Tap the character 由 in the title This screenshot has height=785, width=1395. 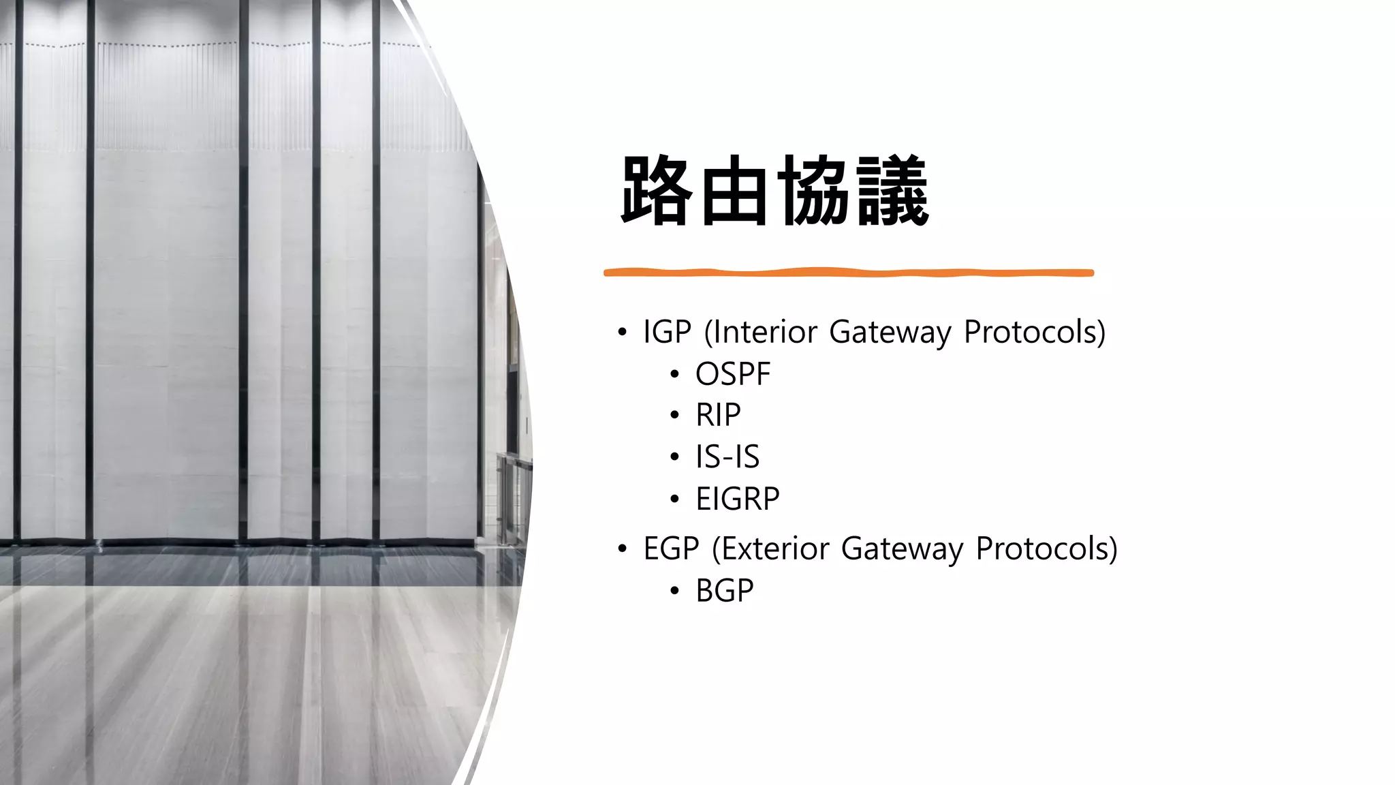click(735, 191)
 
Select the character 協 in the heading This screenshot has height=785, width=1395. click(813, 191)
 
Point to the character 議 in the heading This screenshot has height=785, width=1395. click(892, 191)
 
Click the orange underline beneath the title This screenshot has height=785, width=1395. click(848, 273)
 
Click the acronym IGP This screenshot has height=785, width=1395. click(667, 332)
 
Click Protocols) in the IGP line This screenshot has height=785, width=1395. click(1034, 332)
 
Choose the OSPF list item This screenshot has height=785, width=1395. click(733, 374)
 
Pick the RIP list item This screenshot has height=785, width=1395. click(718, 415)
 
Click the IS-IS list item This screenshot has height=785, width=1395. click(727, 457)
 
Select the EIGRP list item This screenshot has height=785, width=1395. click(737, 499)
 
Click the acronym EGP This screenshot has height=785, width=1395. click(671, 549)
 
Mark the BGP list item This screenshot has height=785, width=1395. click(725, 591)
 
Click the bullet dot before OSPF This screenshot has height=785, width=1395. click(674, 374)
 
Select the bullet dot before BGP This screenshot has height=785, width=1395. click(674, 591)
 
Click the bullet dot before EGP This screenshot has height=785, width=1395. click(621, 549)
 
